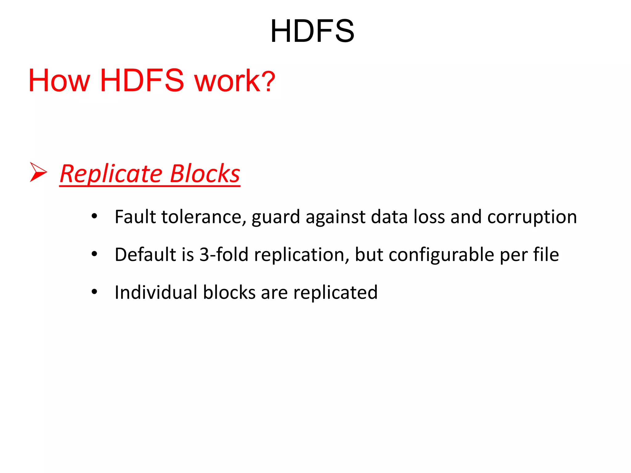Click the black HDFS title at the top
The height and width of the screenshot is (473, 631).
(312, 31)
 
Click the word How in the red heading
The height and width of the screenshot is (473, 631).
(59, 81)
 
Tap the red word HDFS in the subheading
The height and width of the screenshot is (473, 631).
(142, 81)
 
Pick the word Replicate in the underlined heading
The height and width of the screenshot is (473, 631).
(111, 174)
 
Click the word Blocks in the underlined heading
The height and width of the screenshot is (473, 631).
(205, 174)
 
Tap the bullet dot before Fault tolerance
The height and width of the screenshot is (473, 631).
(94, 216)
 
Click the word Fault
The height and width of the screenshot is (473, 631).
(135, 217)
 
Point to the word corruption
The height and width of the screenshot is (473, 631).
(532, 217)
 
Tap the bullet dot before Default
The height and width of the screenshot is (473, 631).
(94, 254)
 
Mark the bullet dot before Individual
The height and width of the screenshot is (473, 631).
(94, 292)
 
